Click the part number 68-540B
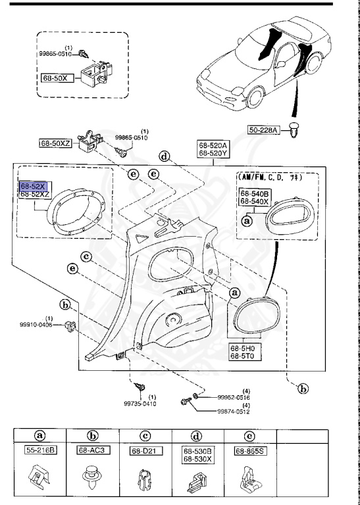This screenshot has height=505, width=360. [255, 193]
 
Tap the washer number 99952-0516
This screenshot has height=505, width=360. [235, 397]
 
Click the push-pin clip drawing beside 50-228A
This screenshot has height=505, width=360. [294, 133]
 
